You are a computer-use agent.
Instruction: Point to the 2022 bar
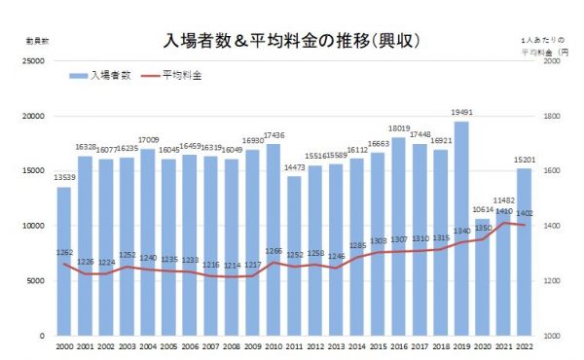point(525,252)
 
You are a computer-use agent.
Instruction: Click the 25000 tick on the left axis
point(35,61)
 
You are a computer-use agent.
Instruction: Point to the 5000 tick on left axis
point(37,281)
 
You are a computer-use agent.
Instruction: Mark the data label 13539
point(63,178)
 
